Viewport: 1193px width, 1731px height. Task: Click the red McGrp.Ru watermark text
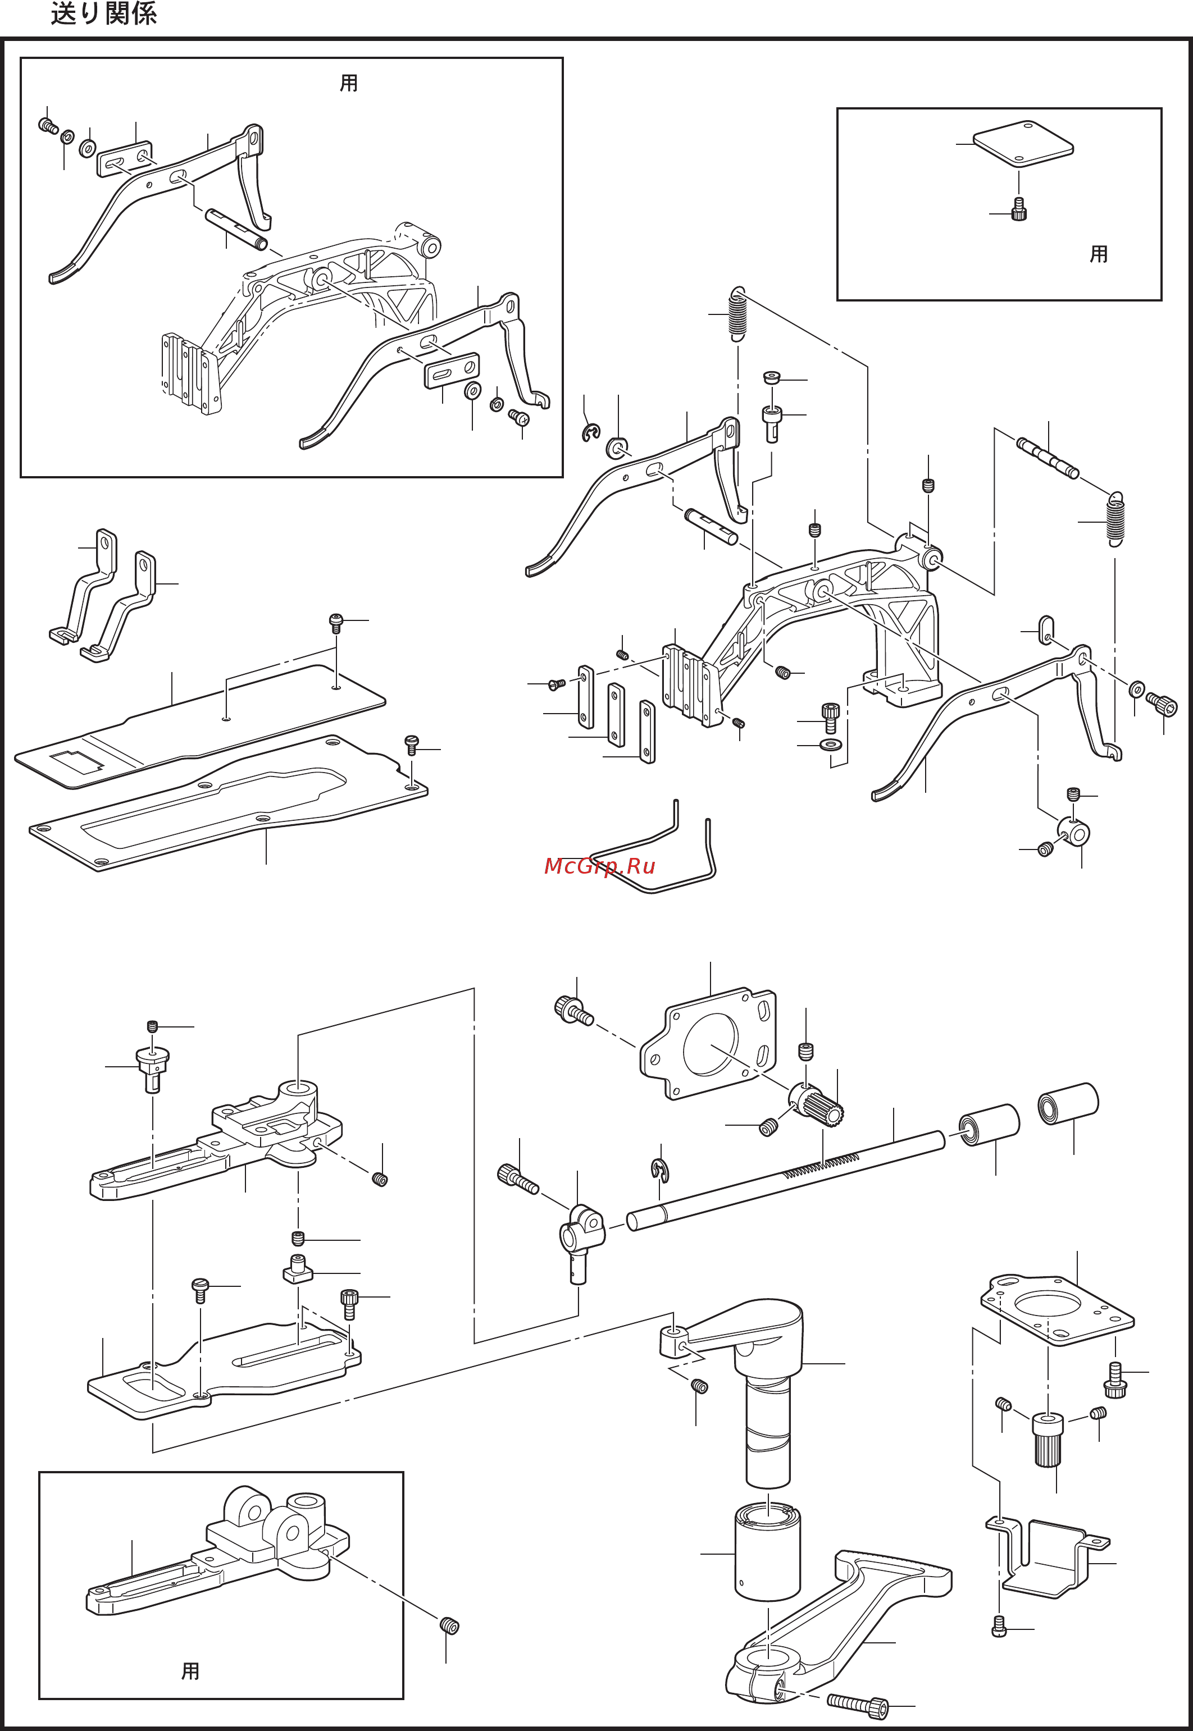[599, 866]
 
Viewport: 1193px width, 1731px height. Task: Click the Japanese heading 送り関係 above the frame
[103, 13]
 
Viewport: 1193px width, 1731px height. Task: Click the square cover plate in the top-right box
[1023, 143]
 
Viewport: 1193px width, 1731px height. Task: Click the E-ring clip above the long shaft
[660, 1170]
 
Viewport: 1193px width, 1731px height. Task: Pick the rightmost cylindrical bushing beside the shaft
[1068, 1103]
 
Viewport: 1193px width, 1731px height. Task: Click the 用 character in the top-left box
[348, 83]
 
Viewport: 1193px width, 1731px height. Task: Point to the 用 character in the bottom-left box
[190, 1670]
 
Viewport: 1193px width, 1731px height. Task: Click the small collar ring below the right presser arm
[1073, 831]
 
